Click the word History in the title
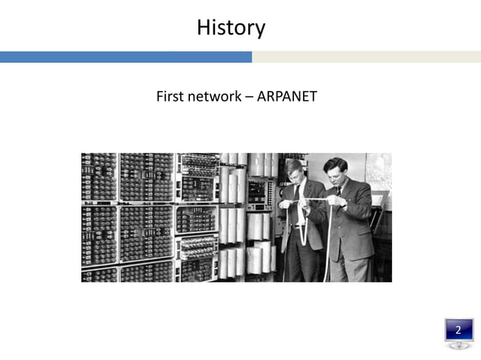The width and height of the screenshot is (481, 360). point(231,29)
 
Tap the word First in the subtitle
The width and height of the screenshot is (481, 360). point(170,96)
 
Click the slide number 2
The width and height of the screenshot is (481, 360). point(458,330)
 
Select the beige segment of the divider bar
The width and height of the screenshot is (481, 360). point(366,57)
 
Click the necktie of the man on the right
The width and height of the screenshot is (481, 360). point(339,193)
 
